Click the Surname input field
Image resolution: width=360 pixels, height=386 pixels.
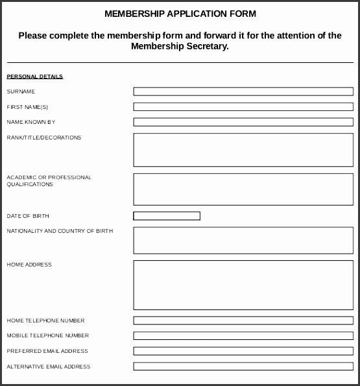point(243,91)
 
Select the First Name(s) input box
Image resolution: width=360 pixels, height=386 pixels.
point(243,106)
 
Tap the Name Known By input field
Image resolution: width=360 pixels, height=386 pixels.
point(243,122)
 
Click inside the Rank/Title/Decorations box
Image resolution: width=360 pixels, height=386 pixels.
point(243,150)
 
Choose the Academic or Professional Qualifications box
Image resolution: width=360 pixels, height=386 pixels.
point(243,189)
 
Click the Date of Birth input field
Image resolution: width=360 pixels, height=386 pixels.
point(167,216)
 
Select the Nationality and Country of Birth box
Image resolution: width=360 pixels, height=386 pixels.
point(243,240)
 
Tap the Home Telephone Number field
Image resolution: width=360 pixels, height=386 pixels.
point(243,320)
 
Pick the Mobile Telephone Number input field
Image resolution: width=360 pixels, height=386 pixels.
point(243,335)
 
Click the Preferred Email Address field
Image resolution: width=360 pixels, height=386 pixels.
point(243,351)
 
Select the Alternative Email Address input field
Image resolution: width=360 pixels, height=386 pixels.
point(243,367)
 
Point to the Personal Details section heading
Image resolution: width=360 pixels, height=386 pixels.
point(34,77)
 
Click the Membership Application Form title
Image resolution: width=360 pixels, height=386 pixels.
point(180,14)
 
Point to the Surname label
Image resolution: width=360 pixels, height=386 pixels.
point(21,91)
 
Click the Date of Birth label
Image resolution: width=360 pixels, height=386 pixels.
point(28,216)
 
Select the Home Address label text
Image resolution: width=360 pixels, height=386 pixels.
point(29,265)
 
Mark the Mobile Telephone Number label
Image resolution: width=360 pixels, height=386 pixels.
point(47,335)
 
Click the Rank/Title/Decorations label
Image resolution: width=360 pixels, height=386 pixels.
point(43,138)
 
